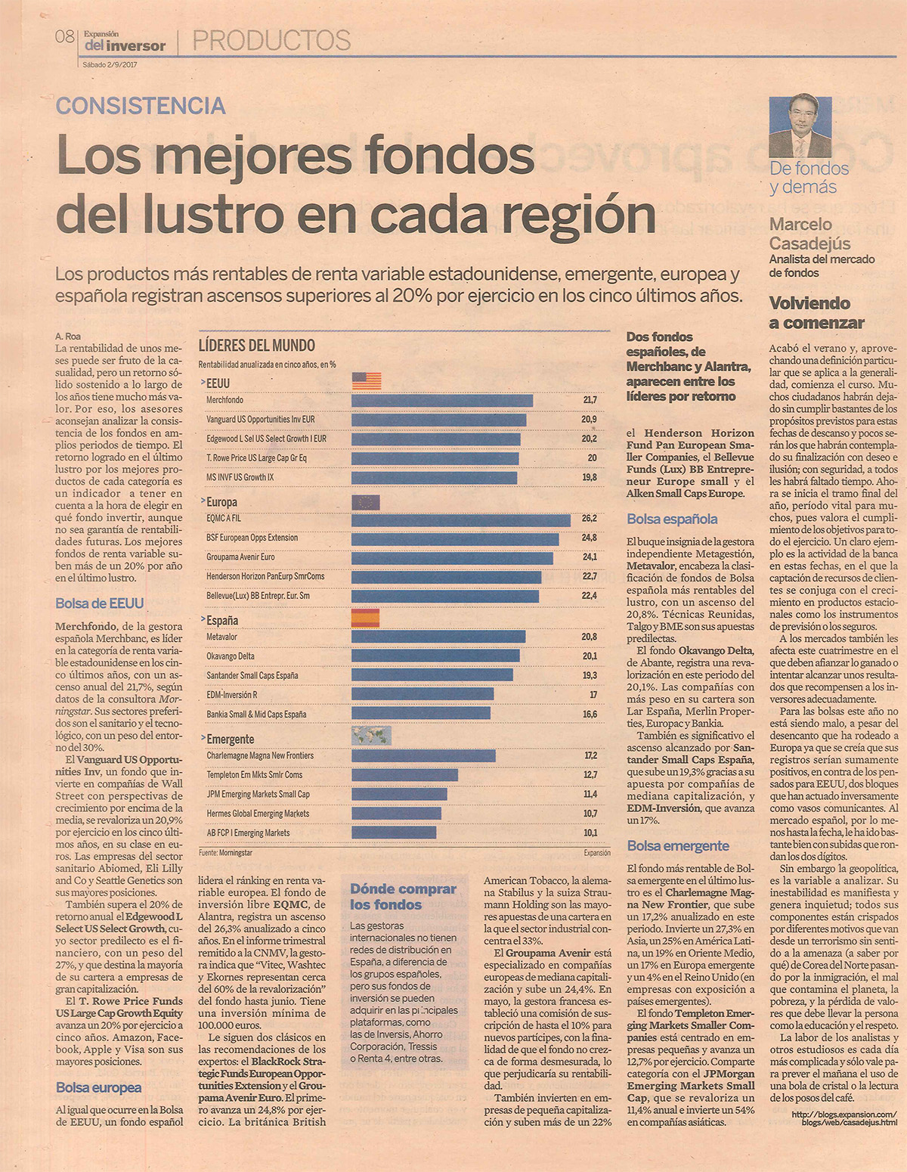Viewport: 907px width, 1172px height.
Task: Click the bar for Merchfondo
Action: [x=442, y=400]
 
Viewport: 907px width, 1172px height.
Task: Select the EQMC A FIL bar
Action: [x=461, y=520]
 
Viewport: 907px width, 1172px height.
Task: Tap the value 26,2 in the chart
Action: [x=590, y=518]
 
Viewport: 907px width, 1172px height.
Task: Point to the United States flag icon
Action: [x=367, y=381]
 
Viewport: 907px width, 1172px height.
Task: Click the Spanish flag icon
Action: [x=365, y=618]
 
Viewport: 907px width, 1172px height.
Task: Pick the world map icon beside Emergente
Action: [x=371, y=736]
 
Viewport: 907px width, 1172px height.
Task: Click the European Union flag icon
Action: [x=366, y=503]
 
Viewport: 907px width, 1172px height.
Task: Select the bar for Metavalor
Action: [x=438, y=637]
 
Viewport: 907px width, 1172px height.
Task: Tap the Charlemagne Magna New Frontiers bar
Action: [x=423, y=755]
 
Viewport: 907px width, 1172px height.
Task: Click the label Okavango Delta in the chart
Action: [x=230, y=656]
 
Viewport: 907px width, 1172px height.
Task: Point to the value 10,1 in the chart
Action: [x=590, y=832]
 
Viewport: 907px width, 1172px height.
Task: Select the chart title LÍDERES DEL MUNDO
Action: [x=257, y=346]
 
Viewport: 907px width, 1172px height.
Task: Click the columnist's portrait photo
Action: [x=800, y=127]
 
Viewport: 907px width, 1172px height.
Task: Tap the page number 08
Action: [x=65, y=37]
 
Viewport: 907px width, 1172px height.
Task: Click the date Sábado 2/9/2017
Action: [x=110, y=64]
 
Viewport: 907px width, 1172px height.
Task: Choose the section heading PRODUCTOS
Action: [x=271, y=40]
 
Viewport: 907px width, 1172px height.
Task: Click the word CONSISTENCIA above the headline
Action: [x=141, y=106]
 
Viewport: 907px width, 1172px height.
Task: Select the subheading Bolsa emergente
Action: [x=678, y=845]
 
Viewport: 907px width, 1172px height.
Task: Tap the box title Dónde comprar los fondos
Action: [x=403, y=897]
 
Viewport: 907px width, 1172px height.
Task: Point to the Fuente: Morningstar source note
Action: [x=225, y=853]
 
